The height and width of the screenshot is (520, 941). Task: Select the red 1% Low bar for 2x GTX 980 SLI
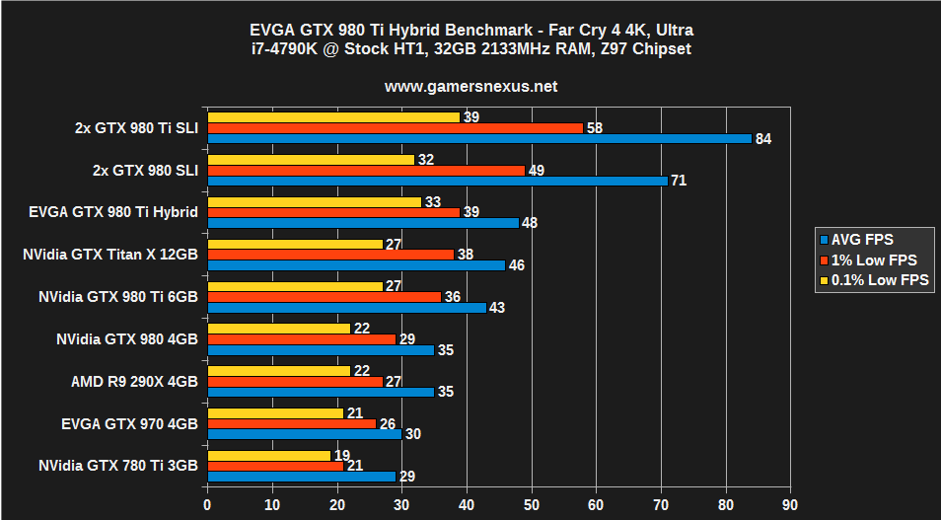coord(365,170)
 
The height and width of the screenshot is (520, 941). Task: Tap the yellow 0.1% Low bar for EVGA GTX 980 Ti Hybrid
coord(314,201)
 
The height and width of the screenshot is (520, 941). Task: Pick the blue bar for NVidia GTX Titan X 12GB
coord(355,265)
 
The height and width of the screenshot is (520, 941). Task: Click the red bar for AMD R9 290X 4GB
coord(294,381)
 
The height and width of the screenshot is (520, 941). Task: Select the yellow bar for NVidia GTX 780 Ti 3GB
coord(268,455)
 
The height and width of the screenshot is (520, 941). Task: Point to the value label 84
coord(762,139)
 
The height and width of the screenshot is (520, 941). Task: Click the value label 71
coord(679,181)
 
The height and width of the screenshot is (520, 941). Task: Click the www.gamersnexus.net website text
coord(470,87)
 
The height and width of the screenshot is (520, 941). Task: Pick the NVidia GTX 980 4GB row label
coord(127,338)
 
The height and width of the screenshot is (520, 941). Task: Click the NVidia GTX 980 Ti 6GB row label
coord(118,296)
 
